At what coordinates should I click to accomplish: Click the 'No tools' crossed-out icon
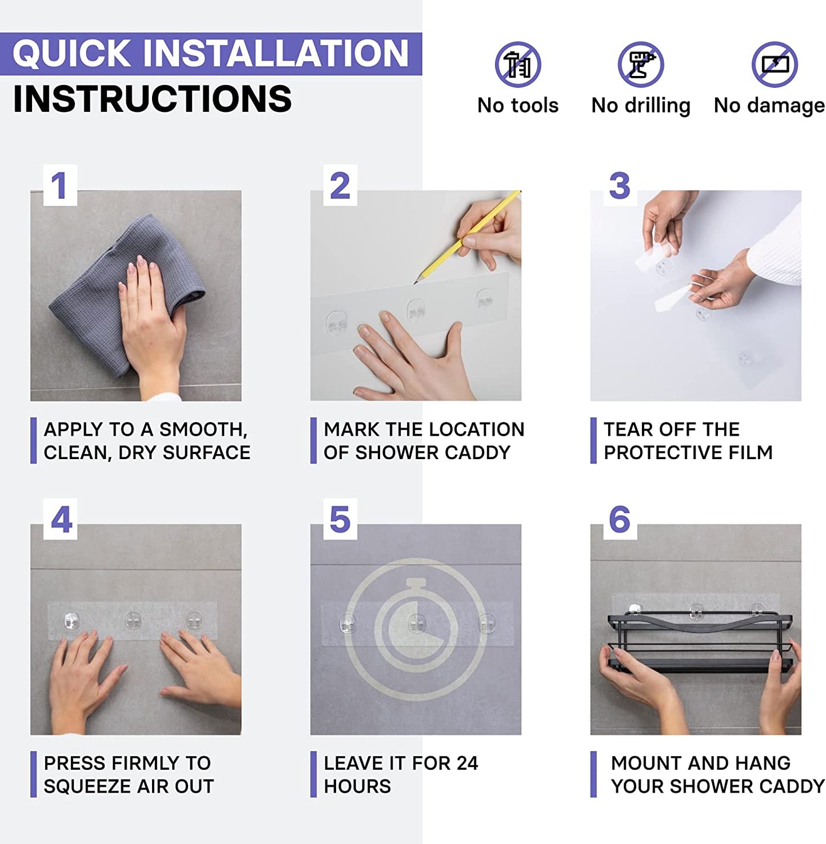click(x=517, y=65)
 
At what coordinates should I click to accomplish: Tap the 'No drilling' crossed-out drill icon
click(x=641, y=65)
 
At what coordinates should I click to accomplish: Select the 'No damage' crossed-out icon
click(x=775, y=65)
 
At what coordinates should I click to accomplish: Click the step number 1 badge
click(x=60, y=185)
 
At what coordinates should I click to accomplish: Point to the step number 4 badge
click(x=60, y=519)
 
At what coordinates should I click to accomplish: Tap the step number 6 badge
click(x=620, y=519)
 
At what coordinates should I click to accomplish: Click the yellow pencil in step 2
click(x=467, y=237)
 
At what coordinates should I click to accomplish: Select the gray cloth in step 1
click(x=126, y=295)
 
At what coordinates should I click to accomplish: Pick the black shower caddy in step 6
click(x=700, y=641)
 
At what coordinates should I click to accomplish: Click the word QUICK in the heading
click(x=71, y=53)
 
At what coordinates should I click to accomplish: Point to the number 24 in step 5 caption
click(x=467, y=763)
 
